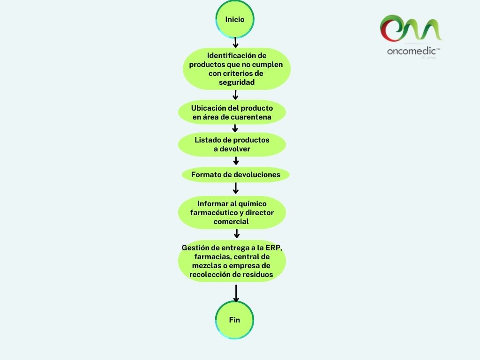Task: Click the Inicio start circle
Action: point(234,20)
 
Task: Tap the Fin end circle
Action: point(234,320)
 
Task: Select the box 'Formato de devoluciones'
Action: point(235,175)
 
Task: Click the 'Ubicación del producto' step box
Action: point(232,112)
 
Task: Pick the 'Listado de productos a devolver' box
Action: point(232,144)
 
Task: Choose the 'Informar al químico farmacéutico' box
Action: point(232,212)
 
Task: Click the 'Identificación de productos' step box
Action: point(236,69)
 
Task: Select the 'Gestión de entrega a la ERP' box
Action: point(232,261)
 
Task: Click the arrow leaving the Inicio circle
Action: point(235,43)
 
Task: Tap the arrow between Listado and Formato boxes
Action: point(236,161)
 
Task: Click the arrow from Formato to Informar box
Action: point(236,188)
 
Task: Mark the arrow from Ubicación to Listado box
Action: point(235,128)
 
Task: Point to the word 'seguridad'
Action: point(237,82)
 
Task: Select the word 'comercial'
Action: point(231,221)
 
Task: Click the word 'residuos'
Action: point(257,274)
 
